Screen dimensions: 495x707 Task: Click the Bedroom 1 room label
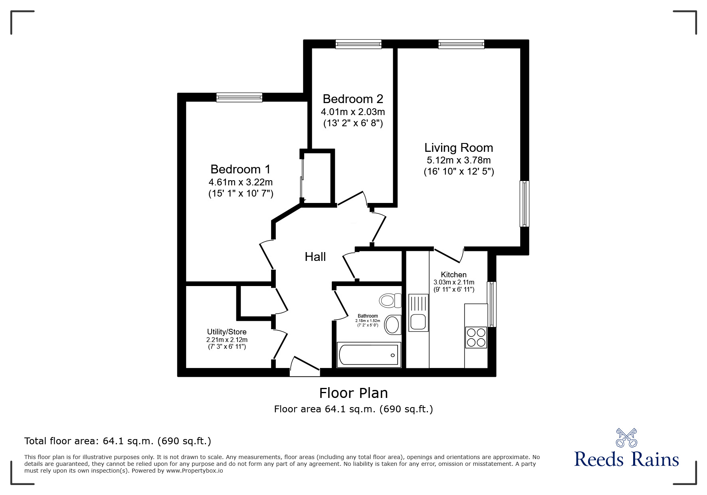point(240,169)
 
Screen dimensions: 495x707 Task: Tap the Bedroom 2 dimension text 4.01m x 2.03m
point(353,111)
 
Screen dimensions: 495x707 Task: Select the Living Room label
point(459,148)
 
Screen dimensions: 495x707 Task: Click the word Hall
point(315,257)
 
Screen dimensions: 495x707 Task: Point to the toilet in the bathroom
point(390,300)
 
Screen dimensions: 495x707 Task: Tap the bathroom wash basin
point(393,325)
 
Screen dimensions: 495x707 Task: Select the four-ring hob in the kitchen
point(476,337)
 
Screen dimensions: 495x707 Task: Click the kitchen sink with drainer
point(418,312)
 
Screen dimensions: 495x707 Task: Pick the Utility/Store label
point(227,332)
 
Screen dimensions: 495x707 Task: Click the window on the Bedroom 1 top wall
point(239,97)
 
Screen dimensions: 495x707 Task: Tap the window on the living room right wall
point(524,204)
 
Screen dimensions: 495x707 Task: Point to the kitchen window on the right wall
point(492,304)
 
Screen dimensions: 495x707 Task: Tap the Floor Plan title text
point(353,393)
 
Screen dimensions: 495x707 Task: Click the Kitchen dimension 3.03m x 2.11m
point(454,282)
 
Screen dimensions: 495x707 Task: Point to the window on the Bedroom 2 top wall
point(358,44)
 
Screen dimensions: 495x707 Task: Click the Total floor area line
point(118,441)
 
